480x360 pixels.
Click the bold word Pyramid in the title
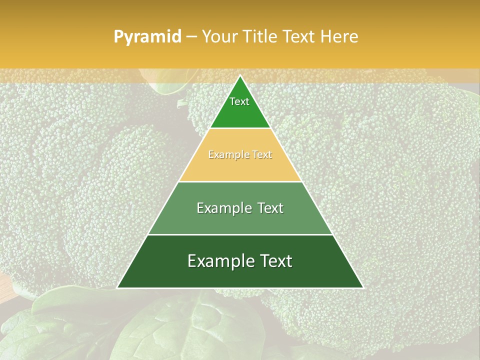pos(147,37)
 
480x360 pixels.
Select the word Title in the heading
pos(259,37)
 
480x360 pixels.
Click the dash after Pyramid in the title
pos(191,37)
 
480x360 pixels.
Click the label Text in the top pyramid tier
pos(239,101)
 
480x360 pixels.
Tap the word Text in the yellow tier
pos(262,155)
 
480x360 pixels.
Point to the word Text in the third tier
pos(271,208)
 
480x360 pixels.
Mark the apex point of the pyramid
pos(240,75)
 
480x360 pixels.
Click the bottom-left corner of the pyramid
pos(117,287)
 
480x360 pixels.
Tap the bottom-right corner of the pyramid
pos(363,287)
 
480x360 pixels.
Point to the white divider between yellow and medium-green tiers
pos(240,181)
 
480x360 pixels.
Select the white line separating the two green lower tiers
pos(240,234)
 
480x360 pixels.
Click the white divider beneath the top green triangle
pos(240,128)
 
